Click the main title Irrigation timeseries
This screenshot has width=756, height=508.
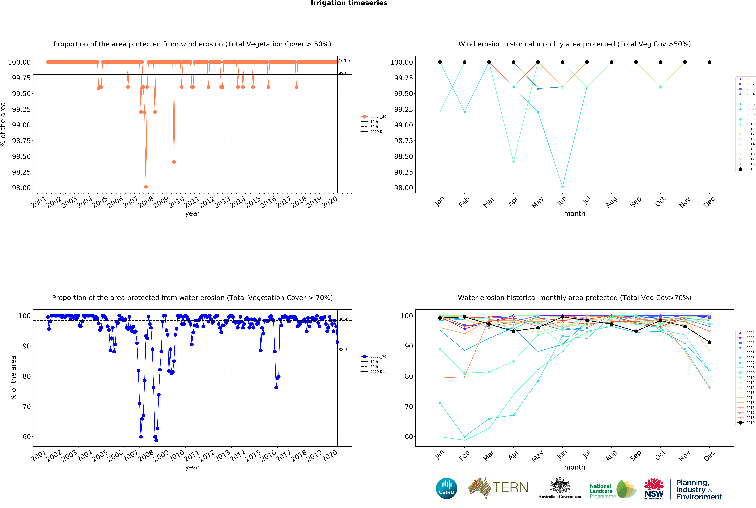click(x=349, y=3)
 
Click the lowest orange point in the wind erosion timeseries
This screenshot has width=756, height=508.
click(x=146, y=187)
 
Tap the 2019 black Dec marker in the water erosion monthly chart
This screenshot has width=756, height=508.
click(x=709, y=342)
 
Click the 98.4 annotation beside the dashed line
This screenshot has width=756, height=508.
click(x=343, y=319)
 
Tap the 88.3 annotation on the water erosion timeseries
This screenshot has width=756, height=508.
click(x=343, y=350)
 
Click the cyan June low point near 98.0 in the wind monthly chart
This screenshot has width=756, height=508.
click(x=562, y=187)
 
